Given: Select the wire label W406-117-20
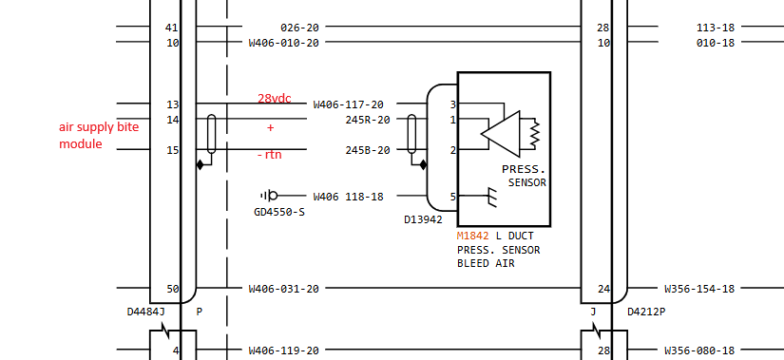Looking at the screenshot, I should coord(348,104).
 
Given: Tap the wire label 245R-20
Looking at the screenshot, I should coord(367,120).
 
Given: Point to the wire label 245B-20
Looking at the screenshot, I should coord(367,150).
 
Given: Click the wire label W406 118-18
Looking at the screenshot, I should coord(348,197).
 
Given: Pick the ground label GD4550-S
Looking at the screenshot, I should coord(279,212).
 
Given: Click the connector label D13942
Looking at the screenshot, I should coord(423,219).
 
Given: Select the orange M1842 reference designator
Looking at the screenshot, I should coord(473,236).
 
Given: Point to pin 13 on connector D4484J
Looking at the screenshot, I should coord(172,104).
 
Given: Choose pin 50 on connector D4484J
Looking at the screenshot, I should coord(172,289).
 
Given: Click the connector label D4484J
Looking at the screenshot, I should coord(146,311).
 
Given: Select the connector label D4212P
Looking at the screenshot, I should coord(646,311).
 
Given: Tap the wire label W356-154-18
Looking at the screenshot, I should coord(699,289).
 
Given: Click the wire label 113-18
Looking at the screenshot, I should coord(715,28).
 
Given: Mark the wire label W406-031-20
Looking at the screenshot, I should coord(283,289).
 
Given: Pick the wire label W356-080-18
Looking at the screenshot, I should coord(699,351).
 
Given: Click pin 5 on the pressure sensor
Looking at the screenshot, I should coord(453,197).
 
